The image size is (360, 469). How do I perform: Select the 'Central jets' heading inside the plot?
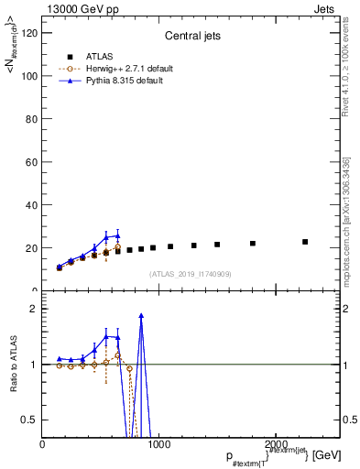191,37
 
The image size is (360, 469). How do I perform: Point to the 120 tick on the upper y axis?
29,33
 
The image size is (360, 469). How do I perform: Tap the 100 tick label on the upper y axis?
29,76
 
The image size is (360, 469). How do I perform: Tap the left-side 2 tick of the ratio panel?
34,309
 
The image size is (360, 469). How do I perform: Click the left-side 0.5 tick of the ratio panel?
31,420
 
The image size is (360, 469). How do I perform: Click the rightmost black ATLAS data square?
305,242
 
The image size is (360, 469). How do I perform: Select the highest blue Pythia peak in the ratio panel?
141,315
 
